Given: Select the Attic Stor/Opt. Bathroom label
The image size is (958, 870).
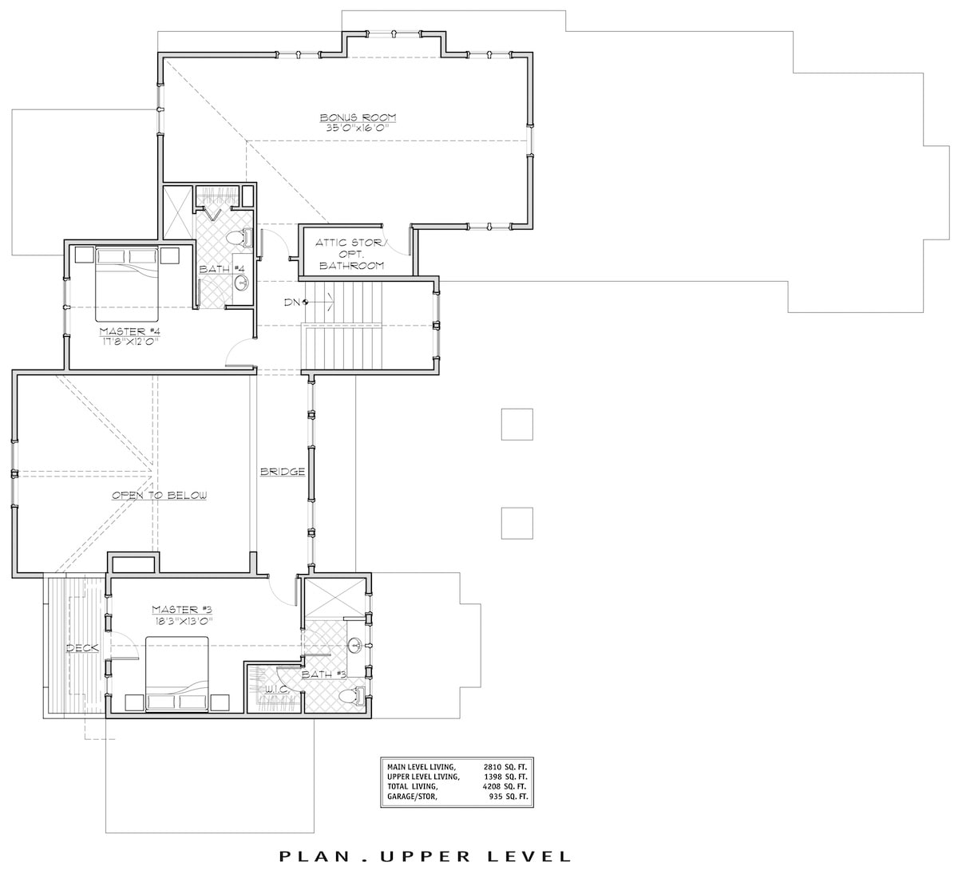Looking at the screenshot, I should (350, 254).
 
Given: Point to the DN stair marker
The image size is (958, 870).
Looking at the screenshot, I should (295, 301).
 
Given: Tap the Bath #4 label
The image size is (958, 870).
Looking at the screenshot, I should (216, 269).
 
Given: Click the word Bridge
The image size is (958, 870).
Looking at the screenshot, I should (283, 472).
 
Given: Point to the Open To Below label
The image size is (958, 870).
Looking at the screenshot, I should (159, 496).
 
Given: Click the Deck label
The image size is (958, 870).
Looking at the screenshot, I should (82, 647).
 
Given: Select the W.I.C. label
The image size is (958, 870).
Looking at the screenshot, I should (277, 687).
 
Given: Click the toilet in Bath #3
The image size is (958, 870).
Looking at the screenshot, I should (349, 697).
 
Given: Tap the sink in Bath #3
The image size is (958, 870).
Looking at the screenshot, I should (354, 645).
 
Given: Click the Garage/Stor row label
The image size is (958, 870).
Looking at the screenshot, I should (414, 797).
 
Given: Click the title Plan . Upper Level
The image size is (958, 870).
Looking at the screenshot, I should (426, 856).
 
